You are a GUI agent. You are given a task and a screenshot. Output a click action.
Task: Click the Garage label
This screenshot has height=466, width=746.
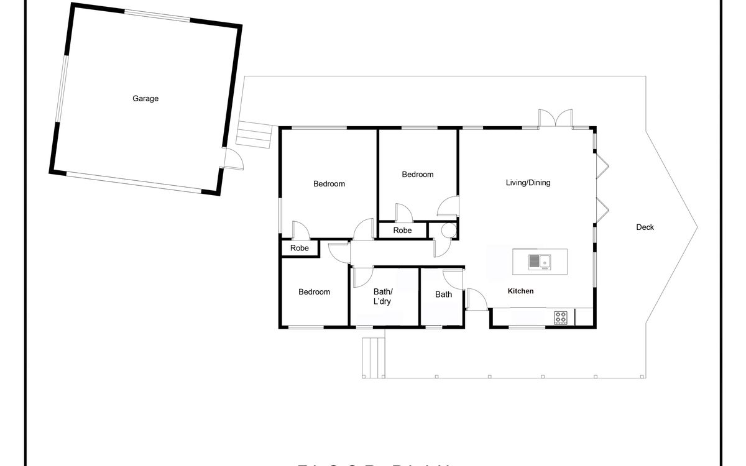coord(145,98)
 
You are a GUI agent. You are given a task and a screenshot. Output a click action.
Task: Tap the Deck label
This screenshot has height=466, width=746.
coord(645,227)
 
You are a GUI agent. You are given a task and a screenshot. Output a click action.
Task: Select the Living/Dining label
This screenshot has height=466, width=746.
coord(528,183)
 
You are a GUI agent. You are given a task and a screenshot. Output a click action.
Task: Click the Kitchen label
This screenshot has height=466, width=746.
coord(520,291)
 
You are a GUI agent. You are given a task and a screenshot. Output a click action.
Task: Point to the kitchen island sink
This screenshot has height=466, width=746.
coord(539,262)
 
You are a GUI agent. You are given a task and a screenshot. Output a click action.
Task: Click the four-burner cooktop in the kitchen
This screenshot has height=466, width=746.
coord(561,318)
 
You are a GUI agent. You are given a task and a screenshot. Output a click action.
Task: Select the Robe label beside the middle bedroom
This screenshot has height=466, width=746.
coord(402,231)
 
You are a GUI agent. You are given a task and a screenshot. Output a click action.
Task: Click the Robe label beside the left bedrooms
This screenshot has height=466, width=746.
coord(300,248)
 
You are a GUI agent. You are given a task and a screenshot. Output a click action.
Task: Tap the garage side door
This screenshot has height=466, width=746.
coord(233,160)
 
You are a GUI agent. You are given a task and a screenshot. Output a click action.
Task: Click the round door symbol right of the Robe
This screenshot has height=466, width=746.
coord(448,230)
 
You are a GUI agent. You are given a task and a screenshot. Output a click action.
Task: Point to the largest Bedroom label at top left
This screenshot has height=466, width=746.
coord(329,184)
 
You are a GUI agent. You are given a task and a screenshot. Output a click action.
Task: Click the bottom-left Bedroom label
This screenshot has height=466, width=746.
coord(314,292)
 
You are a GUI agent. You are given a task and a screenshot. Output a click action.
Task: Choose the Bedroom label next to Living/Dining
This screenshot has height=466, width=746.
coord(417,175)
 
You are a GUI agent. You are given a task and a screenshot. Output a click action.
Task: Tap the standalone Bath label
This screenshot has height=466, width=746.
coord(443,295)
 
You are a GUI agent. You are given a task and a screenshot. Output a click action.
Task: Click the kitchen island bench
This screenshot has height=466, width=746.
coord(540,262)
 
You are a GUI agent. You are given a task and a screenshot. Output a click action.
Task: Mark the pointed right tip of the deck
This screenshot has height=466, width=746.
coord(697,227)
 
